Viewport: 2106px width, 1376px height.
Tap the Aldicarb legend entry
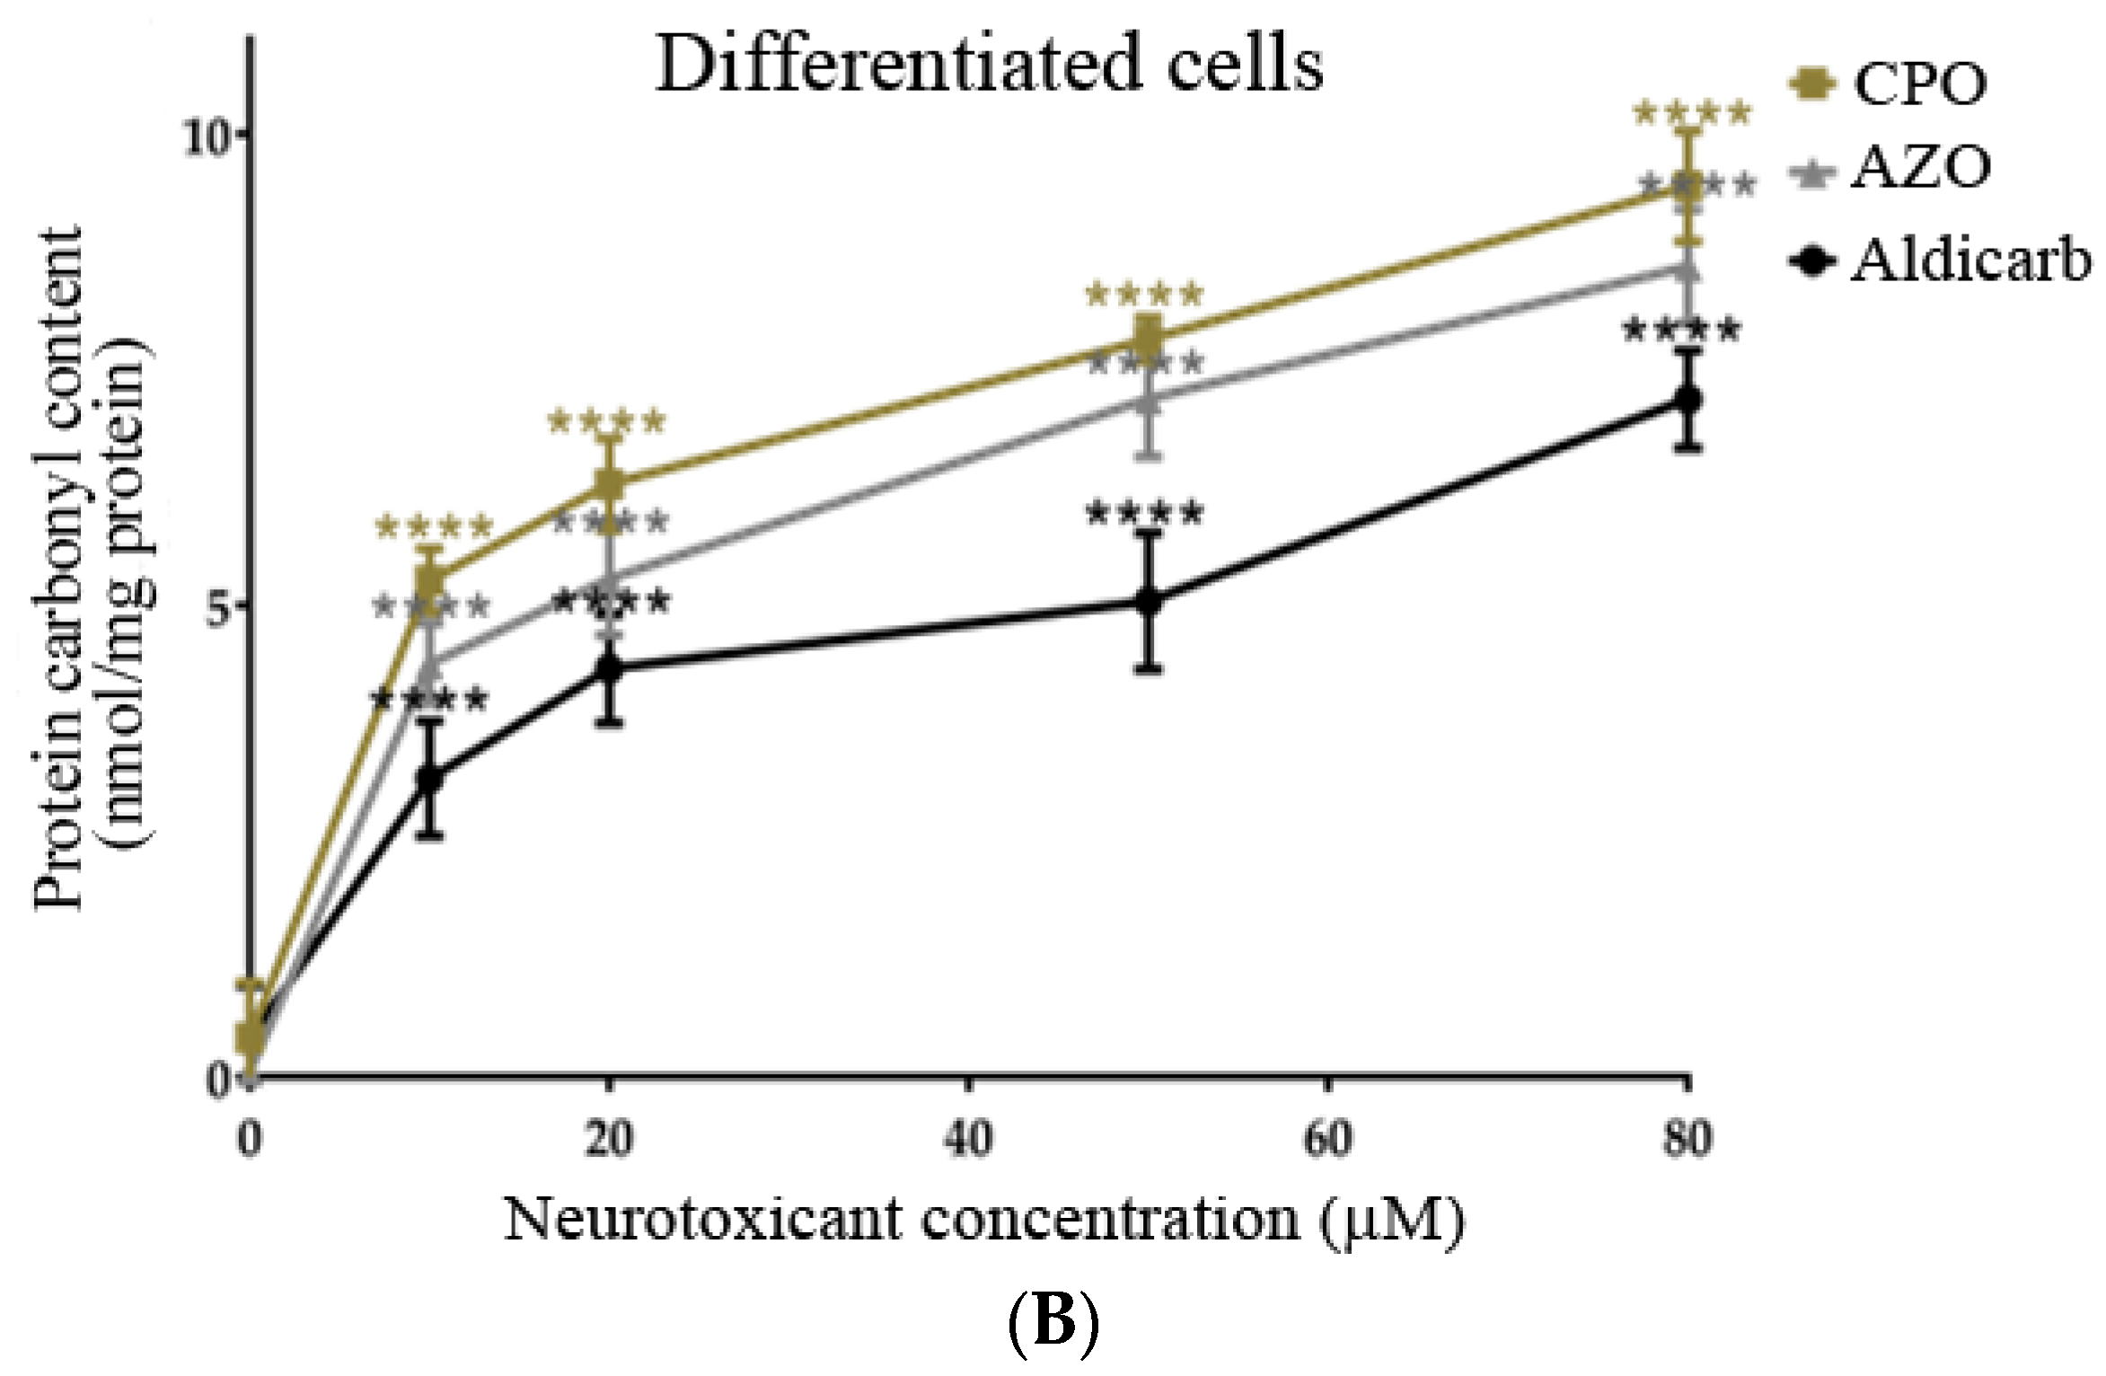coord(1940,261)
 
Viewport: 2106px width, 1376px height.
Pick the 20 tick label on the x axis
coord(610,1139)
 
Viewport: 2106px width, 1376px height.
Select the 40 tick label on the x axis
coord(968,1139)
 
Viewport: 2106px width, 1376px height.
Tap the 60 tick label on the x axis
coord(1327,1139)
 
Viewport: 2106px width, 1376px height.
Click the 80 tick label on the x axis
coord(1687,1139)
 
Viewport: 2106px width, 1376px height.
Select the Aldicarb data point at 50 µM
coord(1149,601)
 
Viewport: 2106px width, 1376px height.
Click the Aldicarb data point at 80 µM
coord(1688,399)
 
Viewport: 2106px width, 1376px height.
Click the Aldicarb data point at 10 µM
coord(431,778)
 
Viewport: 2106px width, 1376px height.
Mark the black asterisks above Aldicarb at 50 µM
coord(1143,515)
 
